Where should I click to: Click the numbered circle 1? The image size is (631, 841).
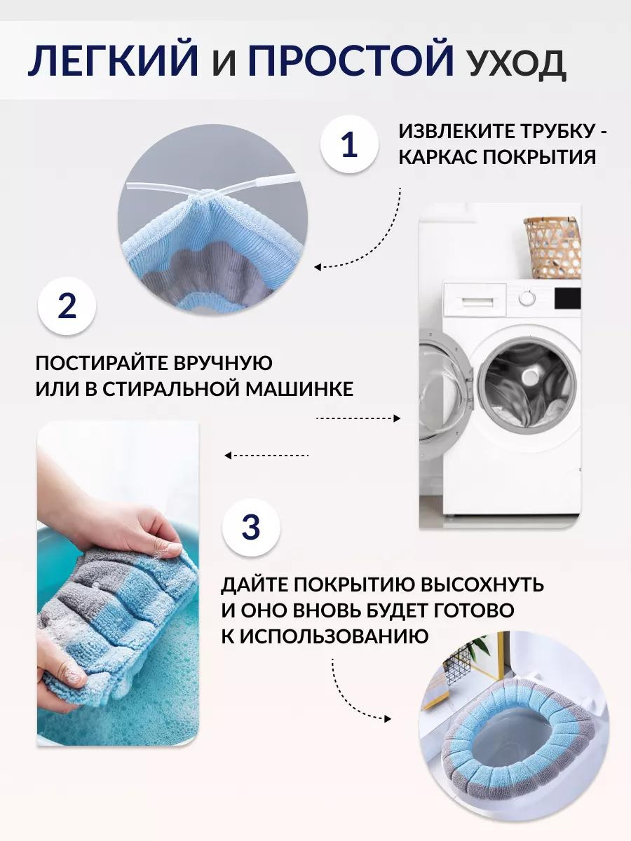pos(349,144)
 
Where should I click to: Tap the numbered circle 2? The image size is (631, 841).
pos(67,306)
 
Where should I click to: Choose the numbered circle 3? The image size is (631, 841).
pos(251,527)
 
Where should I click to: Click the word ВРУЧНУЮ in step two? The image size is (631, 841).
pos(223,363)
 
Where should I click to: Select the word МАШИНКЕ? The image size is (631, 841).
pos(299,389)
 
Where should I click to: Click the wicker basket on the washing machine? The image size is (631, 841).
pos(552,248)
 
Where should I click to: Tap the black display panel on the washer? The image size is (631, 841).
pos(568,298)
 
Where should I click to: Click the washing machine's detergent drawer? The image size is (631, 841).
pos(475,295)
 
